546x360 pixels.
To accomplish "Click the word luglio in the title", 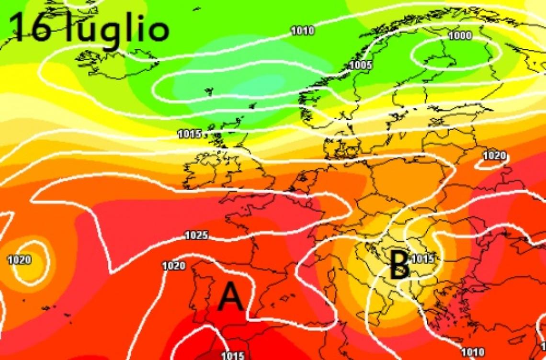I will (x=117, y=30).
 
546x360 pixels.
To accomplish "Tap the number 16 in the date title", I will (x=30, y=27).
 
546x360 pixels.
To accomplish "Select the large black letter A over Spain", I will (x=231, y=296).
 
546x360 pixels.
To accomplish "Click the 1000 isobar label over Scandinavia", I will (x=460, y=36).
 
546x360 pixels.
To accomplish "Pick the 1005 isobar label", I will (x=361, y=65).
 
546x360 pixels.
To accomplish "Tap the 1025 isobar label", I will (x=196, y=236).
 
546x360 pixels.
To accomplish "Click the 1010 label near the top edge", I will (x=303, y=31).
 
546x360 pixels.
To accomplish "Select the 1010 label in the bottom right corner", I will (x=473, y=353).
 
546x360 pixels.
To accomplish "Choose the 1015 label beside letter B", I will (x=422, y=259).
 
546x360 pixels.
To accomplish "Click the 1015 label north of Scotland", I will (x=189, y=134).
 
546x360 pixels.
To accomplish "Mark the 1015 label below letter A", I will (x=233, y=356).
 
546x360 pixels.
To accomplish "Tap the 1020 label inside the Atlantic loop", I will (x=19, y=260).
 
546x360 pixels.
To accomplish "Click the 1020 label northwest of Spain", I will (x=173, y=266).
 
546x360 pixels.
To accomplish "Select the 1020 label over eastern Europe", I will (x=494, y=156).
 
